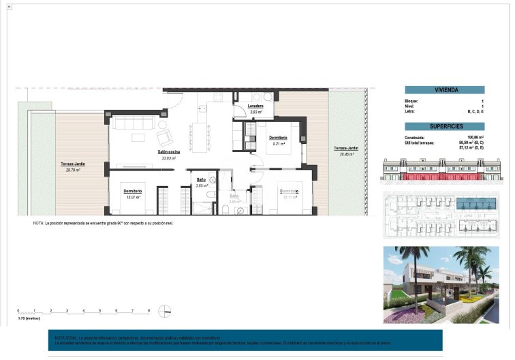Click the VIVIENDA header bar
click(445, 90)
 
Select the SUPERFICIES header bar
click(445, 126)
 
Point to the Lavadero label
click(257, 107)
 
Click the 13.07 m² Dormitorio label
click(132, 191)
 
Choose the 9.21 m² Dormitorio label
click(277, 138)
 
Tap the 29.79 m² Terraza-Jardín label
click(72, 164)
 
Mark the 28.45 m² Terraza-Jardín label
click(345, 149)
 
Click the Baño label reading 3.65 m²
click(201, 180)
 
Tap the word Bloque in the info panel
click(411, 101)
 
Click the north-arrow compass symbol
click(164, 312)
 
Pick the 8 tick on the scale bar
click(149, 311)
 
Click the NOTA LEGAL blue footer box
click(246, 340)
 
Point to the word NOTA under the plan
click(37, 224)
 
